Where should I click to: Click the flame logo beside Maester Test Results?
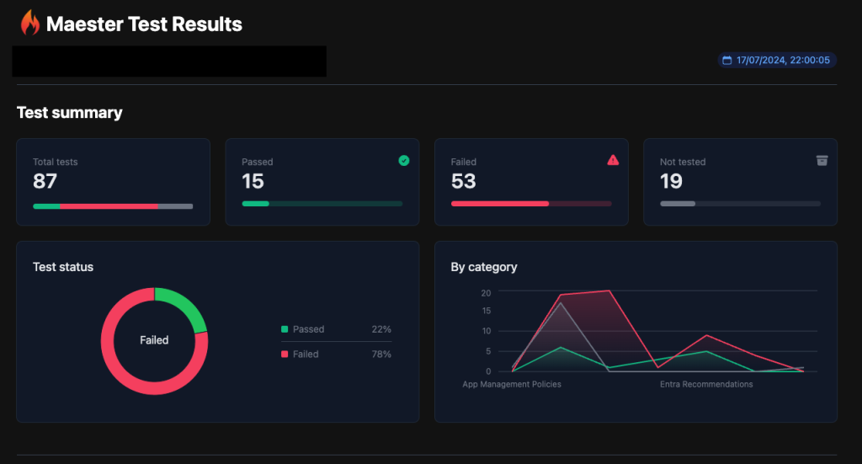click(30, 24)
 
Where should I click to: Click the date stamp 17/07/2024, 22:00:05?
click(783, 61)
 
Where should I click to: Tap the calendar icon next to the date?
click(727, 61)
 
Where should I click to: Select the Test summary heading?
click(69, 113)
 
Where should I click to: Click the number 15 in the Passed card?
click(253, 181)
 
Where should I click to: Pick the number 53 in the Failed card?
click(463, 181)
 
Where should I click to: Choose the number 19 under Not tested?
click(671, 181)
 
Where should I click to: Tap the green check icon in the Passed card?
click(404, 160)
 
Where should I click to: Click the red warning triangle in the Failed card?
click(613, 160)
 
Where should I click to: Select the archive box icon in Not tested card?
click(822, 160)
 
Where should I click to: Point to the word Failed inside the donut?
click(154, 340)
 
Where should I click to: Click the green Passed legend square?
click(285, 329)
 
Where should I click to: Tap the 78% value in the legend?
click(381, 355)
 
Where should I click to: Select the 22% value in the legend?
click(381, 329)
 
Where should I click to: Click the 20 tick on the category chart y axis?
click(486, 292)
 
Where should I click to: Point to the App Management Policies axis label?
click(512, 384)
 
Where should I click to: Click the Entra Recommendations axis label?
click(706, 384)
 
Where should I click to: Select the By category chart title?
click(484, 267)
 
